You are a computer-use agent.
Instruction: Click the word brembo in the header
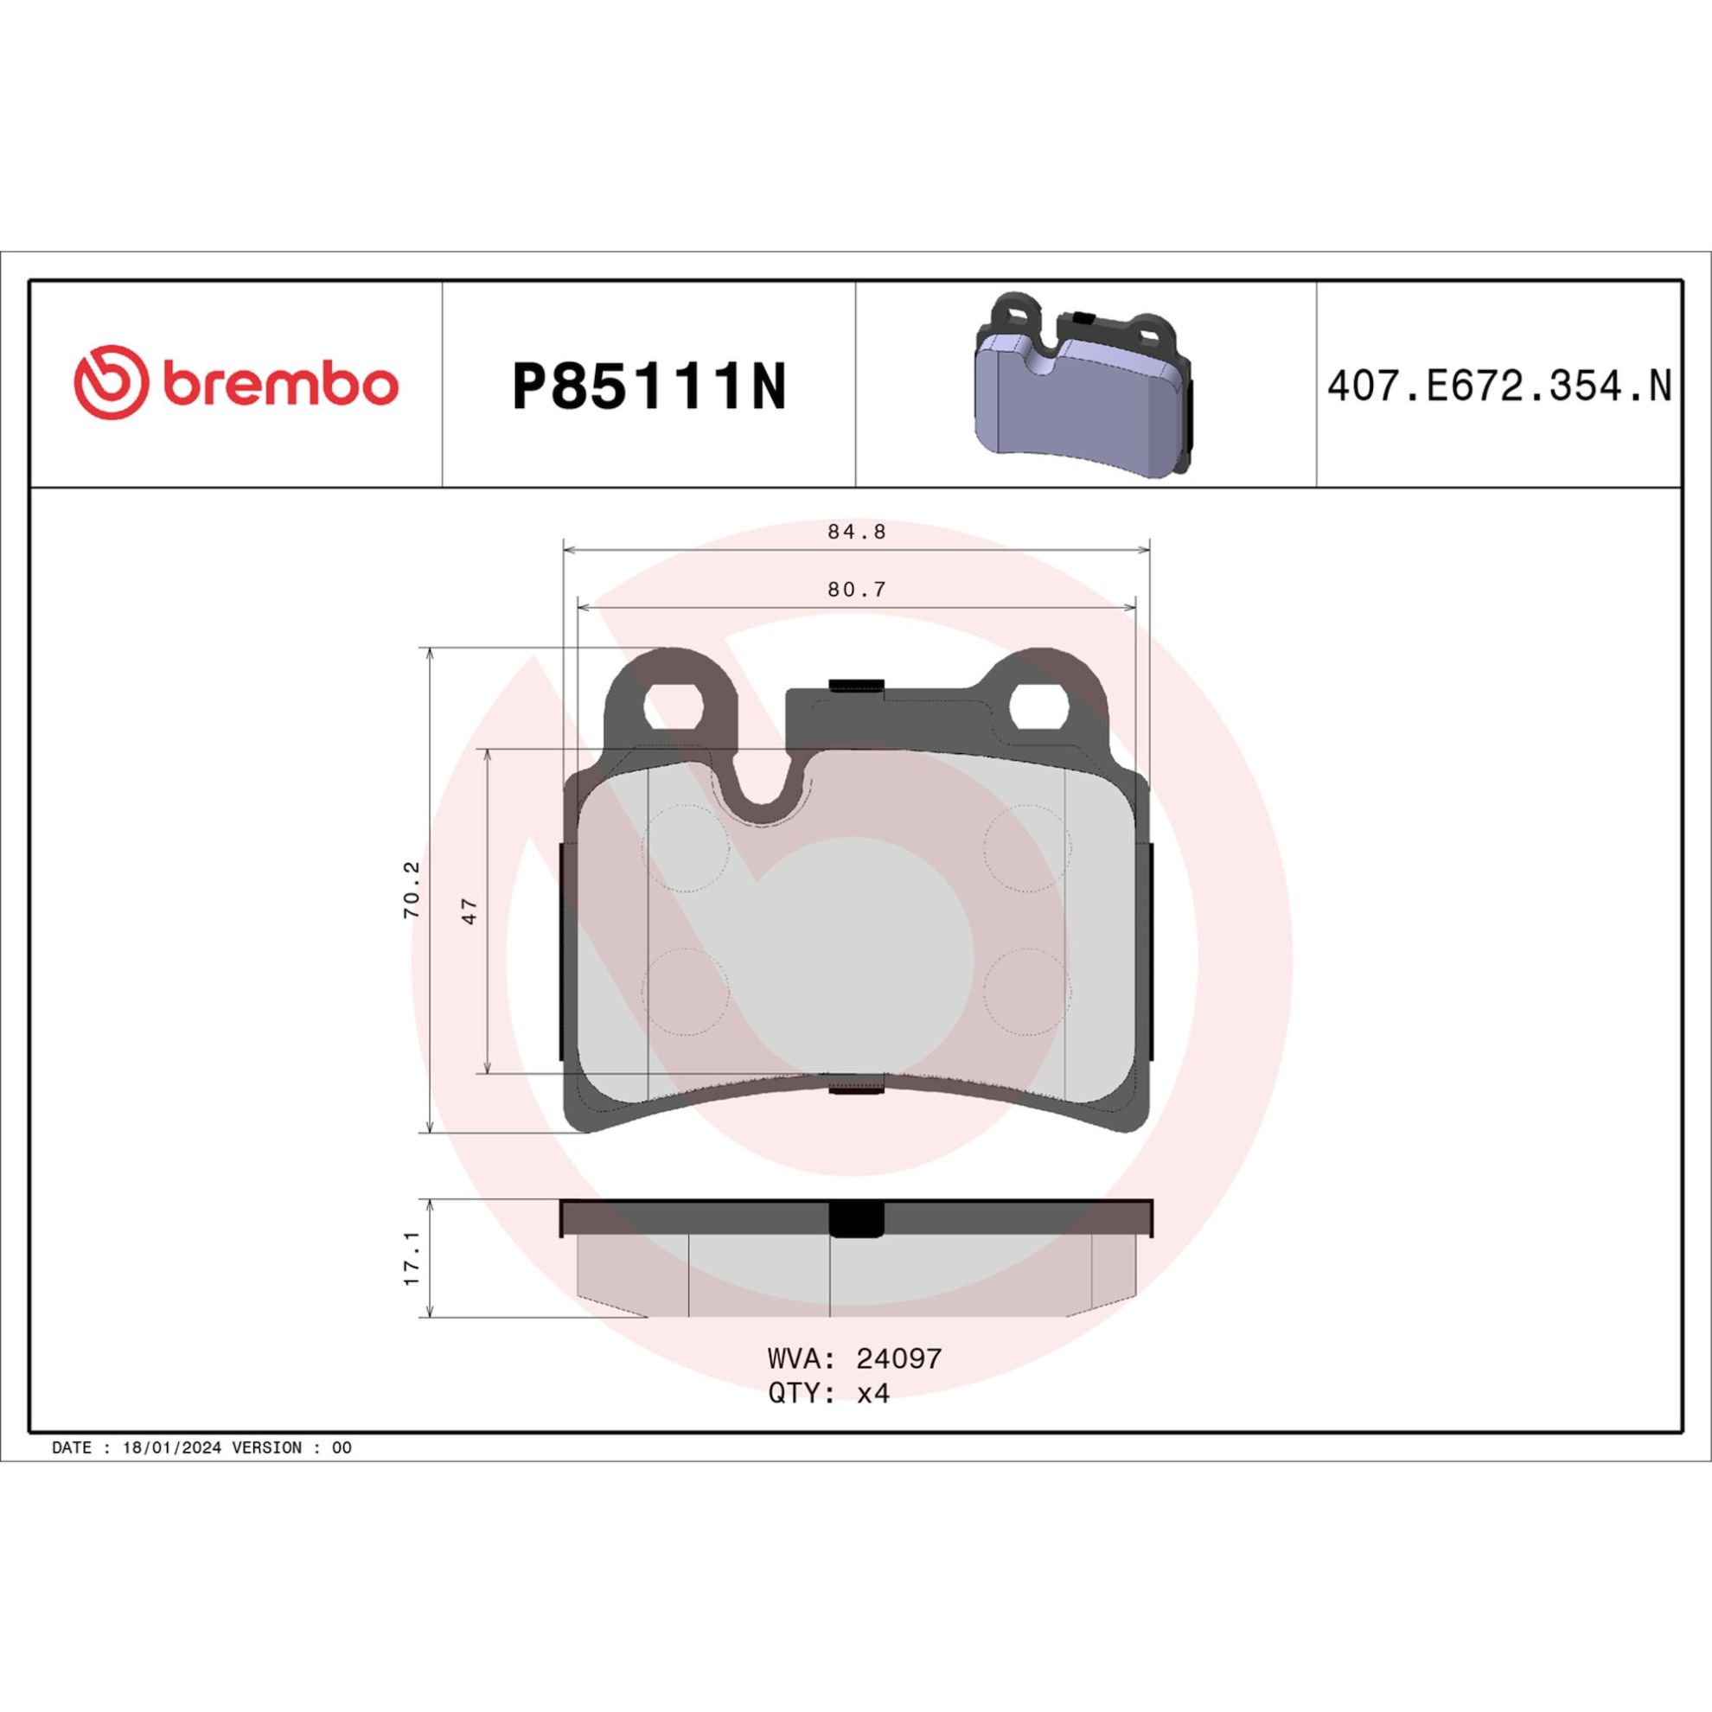click(x=280, y=385)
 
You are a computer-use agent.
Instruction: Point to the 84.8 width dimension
click(x=857, y=532)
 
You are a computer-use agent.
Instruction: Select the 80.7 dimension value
click(x=857, y=590)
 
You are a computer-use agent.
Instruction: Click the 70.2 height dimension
click(x=413, y=889)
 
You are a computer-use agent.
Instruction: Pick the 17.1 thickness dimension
click(x=413, y=1257)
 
